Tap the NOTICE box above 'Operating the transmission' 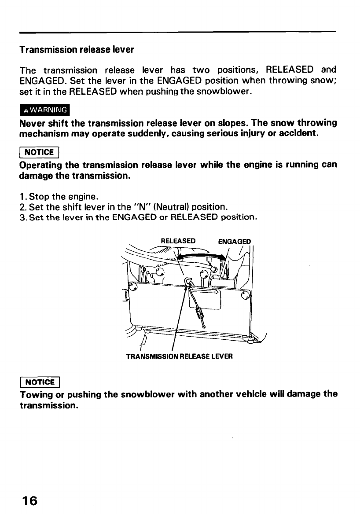tap(39, 152)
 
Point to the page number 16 tap(28, 500)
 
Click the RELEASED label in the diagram tap(178, 241)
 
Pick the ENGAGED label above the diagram tap(235, 242)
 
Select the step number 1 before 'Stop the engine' tap(22, 197)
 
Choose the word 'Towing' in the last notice tap(35, 394)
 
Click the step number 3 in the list tap(22, 217)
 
